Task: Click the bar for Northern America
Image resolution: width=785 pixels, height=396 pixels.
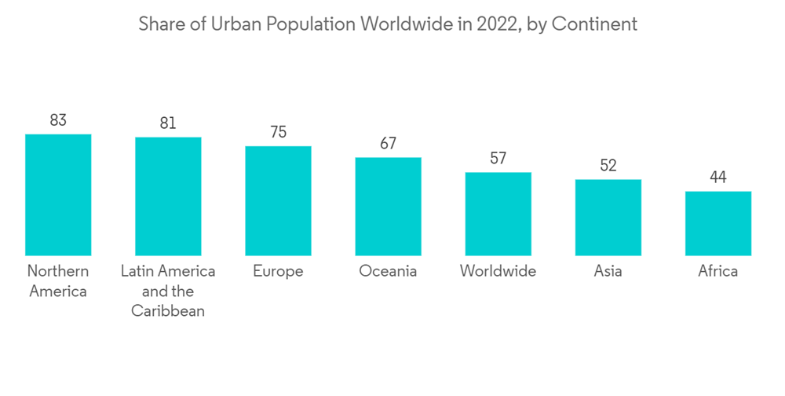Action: point(58,195)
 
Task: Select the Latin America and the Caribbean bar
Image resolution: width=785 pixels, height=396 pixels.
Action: point(168,196)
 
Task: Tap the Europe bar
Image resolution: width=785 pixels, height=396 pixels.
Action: point(278,201)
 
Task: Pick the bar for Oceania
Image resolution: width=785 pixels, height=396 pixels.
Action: point(388,207)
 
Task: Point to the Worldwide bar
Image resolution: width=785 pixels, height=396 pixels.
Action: point(498,214)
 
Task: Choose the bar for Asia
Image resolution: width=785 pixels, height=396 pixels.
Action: point(608,218)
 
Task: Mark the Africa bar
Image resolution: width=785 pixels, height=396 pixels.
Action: point(717,223)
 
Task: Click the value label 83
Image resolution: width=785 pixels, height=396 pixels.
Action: point(58,120)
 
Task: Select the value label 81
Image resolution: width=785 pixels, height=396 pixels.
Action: point(168,123)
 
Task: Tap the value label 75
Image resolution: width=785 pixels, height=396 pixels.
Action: point(278,132)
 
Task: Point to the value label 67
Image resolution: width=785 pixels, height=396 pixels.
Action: point(388,144)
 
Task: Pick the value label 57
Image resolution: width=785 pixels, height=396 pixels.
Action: point(498,159)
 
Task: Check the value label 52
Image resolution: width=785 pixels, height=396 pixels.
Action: point(608,166)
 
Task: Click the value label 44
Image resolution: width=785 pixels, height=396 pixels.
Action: point(717,178)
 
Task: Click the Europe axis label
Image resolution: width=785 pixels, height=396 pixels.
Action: point(278,271)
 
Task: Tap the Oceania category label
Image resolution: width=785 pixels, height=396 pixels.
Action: point(388,271)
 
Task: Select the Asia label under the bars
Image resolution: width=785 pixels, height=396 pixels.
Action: point(608,271)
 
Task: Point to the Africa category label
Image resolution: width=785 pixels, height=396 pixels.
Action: point(717,271)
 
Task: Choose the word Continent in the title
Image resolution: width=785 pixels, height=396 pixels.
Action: point(594,24)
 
